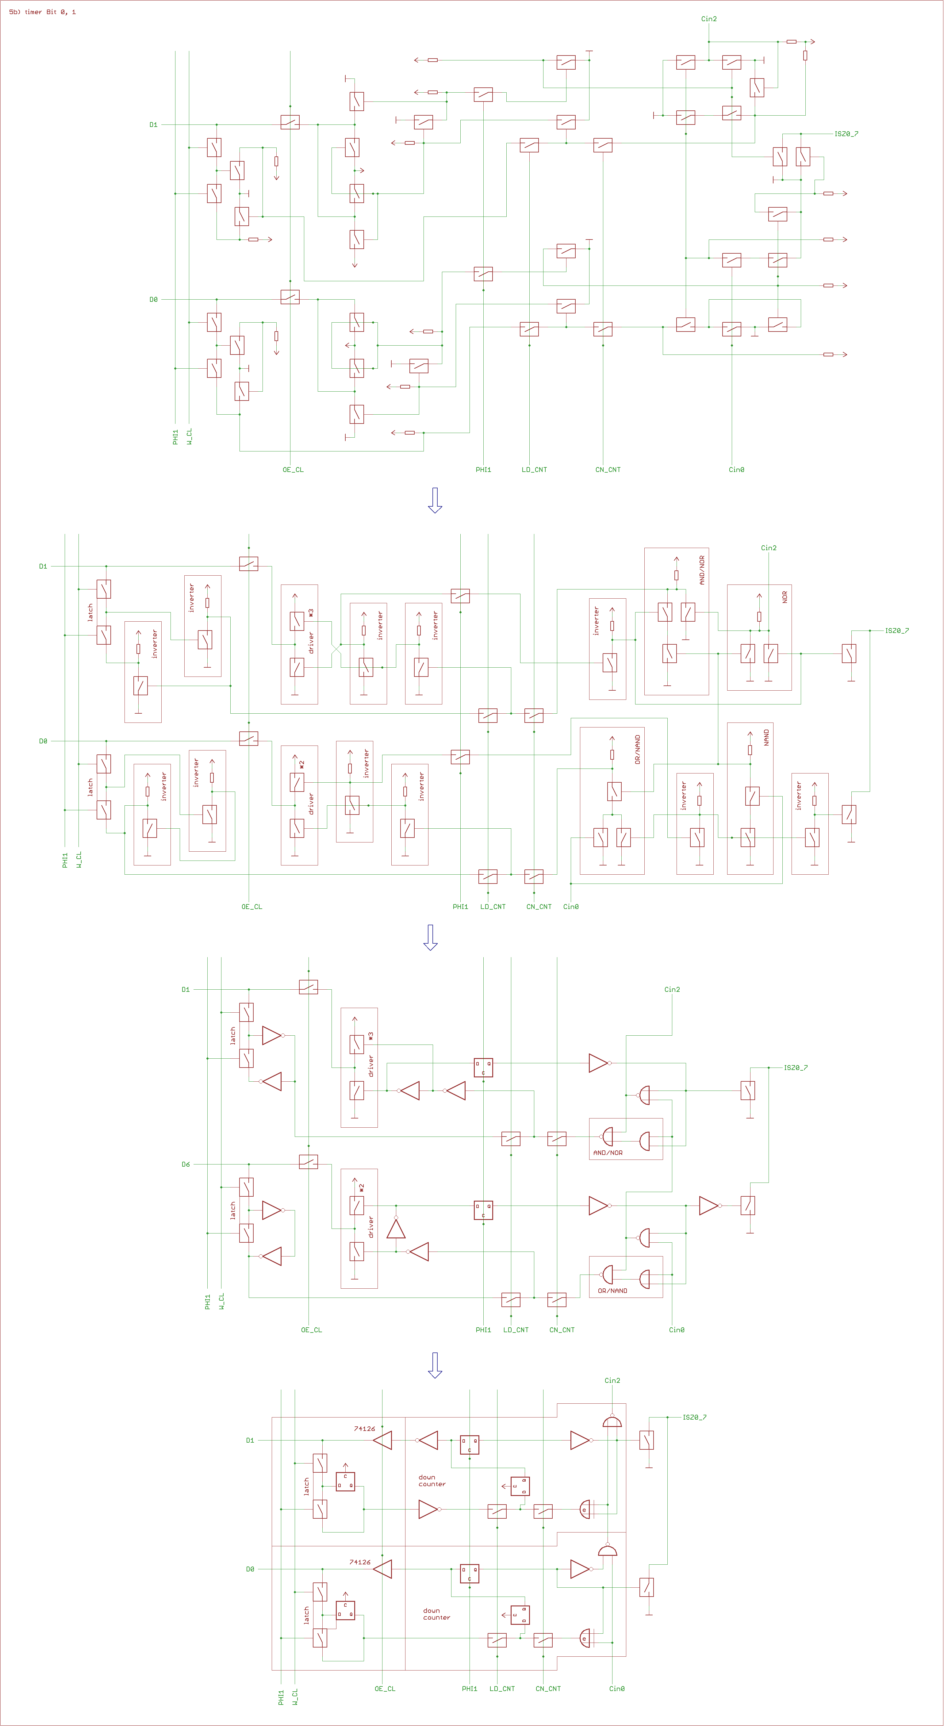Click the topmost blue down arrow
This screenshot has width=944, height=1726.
435,500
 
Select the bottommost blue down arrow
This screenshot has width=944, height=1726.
435,1365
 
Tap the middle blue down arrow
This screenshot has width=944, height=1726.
431,937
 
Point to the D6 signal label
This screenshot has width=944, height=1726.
186,1164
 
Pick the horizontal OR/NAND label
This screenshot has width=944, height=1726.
612,1291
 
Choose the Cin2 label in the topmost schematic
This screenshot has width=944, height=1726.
709,19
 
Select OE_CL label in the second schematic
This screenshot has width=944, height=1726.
252,907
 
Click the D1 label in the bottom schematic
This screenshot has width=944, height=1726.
250,1440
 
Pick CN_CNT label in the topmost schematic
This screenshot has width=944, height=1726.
608,470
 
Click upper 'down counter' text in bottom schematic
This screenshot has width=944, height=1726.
432,1480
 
